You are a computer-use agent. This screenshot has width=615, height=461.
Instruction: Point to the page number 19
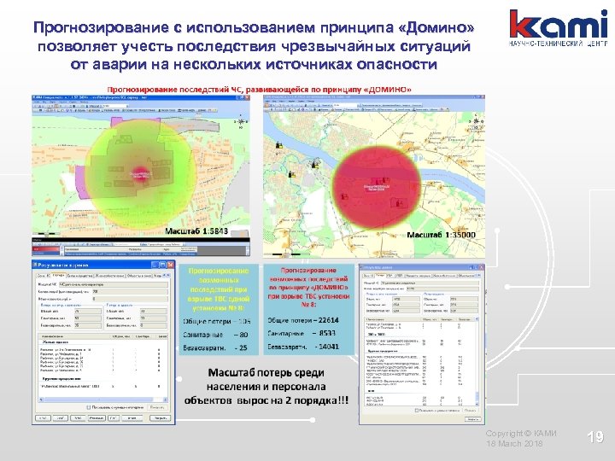pos(595,438)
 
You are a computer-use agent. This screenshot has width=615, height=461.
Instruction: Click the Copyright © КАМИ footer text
pos(520,435)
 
